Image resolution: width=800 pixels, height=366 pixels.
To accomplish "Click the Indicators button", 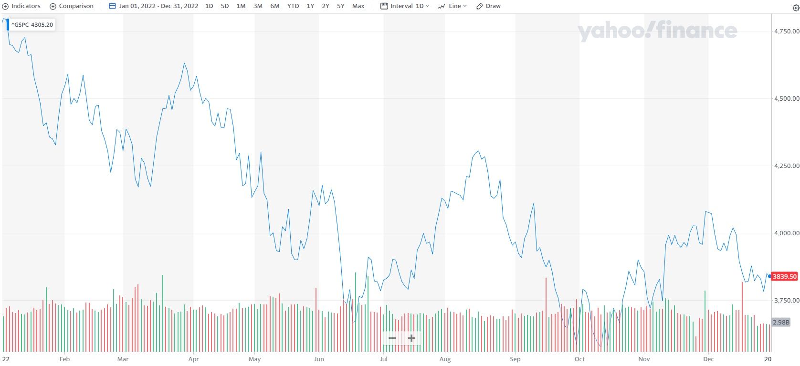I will tap(22, 6).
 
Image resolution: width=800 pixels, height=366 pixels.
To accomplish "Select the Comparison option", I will tap(72, 6).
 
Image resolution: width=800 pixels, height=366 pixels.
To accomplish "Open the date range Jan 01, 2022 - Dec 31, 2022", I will tap(154, 6).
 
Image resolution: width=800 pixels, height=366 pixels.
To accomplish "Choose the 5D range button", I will tap(225, 6).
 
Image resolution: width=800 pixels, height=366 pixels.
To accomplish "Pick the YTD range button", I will tap(293, 6).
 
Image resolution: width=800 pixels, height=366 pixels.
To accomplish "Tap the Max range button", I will tap(358, 6).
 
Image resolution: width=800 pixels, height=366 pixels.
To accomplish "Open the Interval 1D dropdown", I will tap(405, 6).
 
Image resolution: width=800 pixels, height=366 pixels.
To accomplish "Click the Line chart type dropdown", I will tap(453, 6).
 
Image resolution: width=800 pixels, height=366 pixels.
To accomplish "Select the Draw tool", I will tap(489, 6).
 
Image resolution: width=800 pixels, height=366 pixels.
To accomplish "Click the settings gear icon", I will tap(796, 8).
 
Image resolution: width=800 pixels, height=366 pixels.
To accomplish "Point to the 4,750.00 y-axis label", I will tap(786, 31).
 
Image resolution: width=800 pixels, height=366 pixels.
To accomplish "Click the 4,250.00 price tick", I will tap(786, 166).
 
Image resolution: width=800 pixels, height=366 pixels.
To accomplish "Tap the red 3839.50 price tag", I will tap(785, 277).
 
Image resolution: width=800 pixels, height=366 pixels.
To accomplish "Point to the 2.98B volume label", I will tap(781, 323).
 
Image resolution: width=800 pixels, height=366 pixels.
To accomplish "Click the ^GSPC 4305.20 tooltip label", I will tap(32, 25).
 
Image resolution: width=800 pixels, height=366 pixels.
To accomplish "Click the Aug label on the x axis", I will tap(445, 359).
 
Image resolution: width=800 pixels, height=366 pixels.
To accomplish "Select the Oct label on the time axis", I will tap(579, 359).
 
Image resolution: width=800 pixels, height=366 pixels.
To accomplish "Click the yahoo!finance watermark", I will tap(657, 31).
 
